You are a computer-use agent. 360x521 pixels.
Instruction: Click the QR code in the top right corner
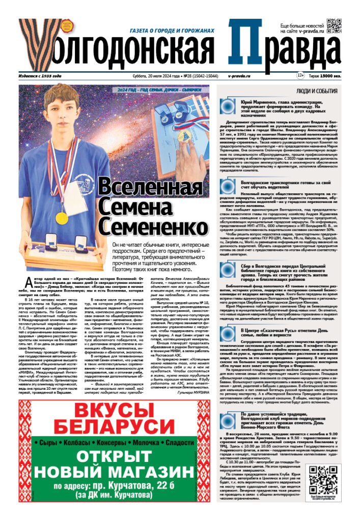[334, 26]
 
